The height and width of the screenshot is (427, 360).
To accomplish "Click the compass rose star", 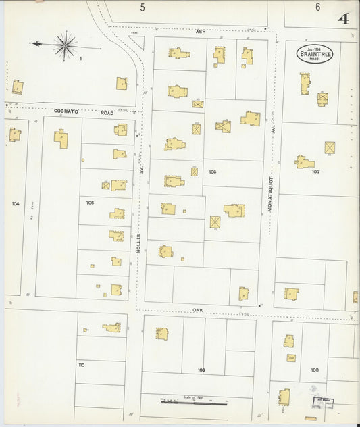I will [x=66, y=46].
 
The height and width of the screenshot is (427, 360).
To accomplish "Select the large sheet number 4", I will [x=344, y=18].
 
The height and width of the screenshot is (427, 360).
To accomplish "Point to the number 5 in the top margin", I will [x=143, y=7].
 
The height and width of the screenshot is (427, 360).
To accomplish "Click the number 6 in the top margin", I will [x=317, y=7].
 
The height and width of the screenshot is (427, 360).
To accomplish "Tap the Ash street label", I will [x=200, y=32].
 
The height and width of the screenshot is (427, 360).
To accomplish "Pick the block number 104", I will [x=16, y=203].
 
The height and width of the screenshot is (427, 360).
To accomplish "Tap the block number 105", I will [x=90, y=202].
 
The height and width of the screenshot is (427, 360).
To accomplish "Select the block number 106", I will [x=213, y=172].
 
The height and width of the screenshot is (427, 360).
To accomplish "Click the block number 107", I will [x=315, y=172].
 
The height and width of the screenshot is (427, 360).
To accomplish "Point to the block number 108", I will [x=315, y=370].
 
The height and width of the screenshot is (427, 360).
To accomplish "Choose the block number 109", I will [x=201, y=370].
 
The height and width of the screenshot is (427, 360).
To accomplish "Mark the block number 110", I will [x=81, y=365].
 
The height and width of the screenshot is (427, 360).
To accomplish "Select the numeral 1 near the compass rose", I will [x=80, y=59].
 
